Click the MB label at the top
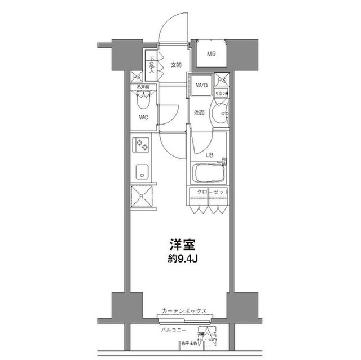211,54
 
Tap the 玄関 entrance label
175,65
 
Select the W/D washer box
201,85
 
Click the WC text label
144,118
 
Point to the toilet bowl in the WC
143,102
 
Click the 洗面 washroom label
199,113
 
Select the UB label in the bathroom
209,154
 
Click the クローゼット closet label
213,193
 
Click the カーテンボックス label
184,310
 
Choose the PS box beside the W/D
222,80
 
